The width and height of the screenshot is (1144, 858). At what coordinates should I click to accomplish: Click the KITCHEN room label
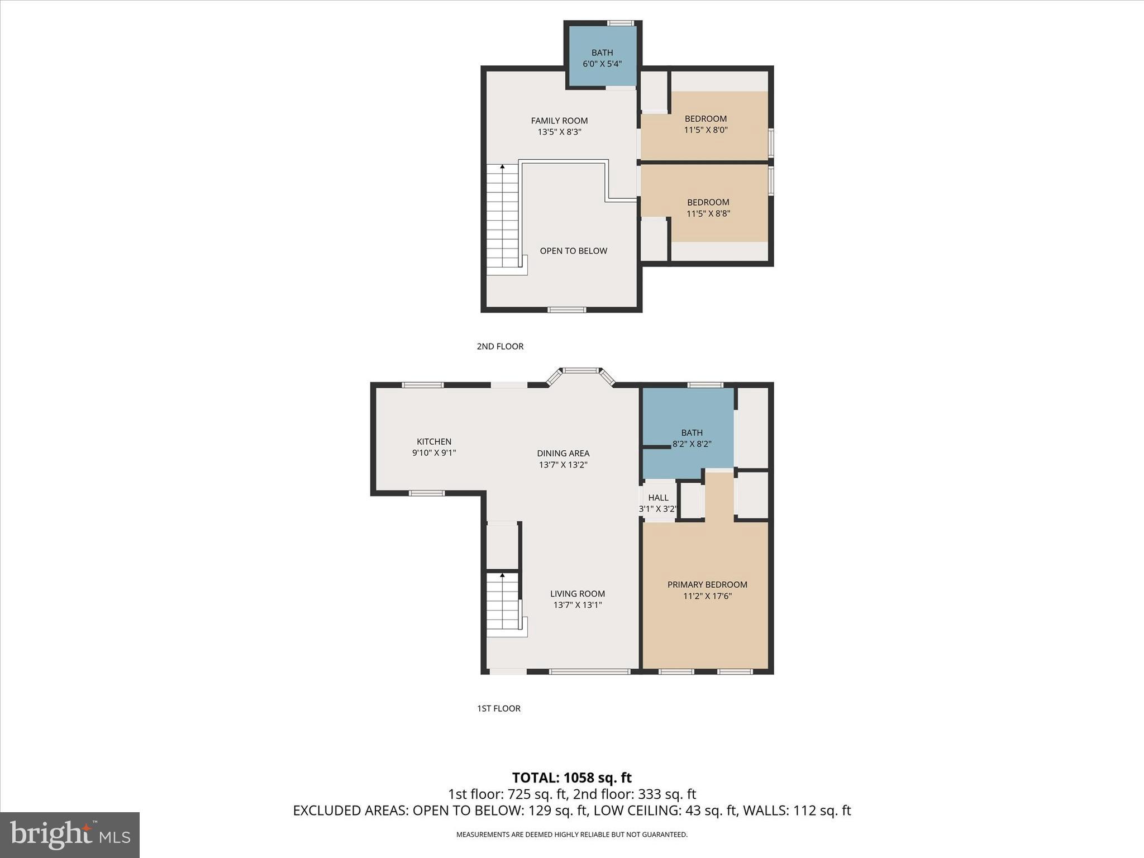tap(434, 441)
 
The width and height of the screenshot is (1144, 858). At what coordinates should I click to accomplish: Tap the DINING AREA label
tap(563, 453)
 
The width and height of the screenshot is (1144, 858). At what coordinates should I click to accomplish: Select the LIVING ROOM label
tap(577, 593)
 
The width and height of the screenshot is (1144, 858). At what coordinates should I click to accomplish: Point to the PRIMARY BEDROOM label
tap(707, 584)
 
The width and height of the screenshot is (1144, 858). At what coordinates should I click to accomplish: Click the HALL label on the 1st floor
tap(658, 497)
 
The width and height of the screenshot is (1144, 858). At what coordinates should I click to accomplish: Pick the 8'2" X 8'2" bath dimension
tap(692, 444)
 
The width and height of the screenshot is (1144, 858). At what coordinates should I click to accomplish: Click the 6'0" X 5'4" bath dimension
tap(602, 64)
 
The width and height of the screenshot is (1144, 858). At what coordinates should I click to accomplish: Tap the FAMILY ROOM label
tap(559, 120)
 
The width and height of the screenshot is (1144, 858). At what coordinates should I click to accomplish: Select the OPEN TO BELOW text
tap(573, 251)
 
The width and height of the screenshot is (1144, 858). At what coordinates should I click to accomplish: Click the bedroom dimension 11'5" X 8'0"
tap(706, 130)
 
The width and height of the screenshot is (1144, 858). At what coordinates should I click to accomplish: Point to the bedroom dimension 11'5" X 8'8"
tap(708, 213)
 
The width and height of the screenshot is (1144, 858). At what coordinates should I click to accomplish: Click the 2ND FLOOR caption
tap(500, 346)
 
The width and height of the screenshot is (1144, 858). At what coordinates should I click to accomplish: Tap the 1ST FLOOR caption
tap(498, 708)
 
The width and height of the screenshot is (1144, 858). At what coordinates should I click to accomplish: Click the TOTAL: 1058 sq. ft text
tap(571, 778)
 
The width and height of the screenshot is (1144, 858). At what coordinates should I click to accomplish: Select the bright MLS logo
tap(70, 835)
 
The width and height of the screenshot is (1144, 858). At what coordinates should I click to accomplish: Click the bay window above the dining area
tap(580, 370)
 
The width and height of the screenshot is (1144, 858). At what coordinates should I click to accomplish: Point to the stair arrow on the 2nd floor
tap(502, 167)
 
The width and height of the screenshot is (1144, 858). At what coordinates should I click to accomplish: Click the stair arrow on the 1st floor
tap(502, 575)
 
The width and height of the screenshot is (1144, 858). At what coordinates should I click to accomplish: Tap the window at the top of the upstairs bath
tap(620, 23)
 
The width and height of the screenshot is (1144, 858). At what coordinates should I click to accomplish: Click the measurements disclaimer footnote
tap(571, 835)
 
